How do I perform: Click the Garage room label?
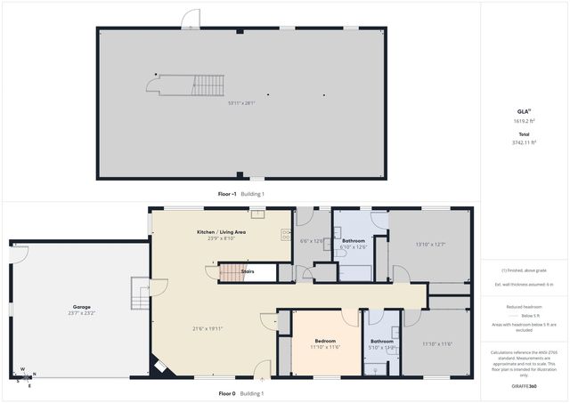[x=76, y=307]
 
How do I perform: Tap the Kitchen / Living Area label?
[x=221, y=232]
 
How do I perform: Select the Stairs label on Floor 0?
[x=248, y=270]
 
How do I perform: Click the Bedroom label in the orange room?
[x=324, y=340]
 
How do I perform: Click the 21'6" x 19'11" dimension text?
[x=208, y=329]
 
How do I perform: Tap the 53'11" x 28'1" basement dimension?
[x=241, y=103]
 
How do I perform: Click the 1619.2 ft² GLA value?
[x=524, y=121]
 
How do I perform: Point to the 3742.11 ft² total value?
[x=524, y=142]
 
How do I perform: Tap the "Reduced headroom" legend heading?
[x=524, y=306]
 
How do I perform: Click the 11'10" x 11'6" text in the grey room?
[x=437, y=344]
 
